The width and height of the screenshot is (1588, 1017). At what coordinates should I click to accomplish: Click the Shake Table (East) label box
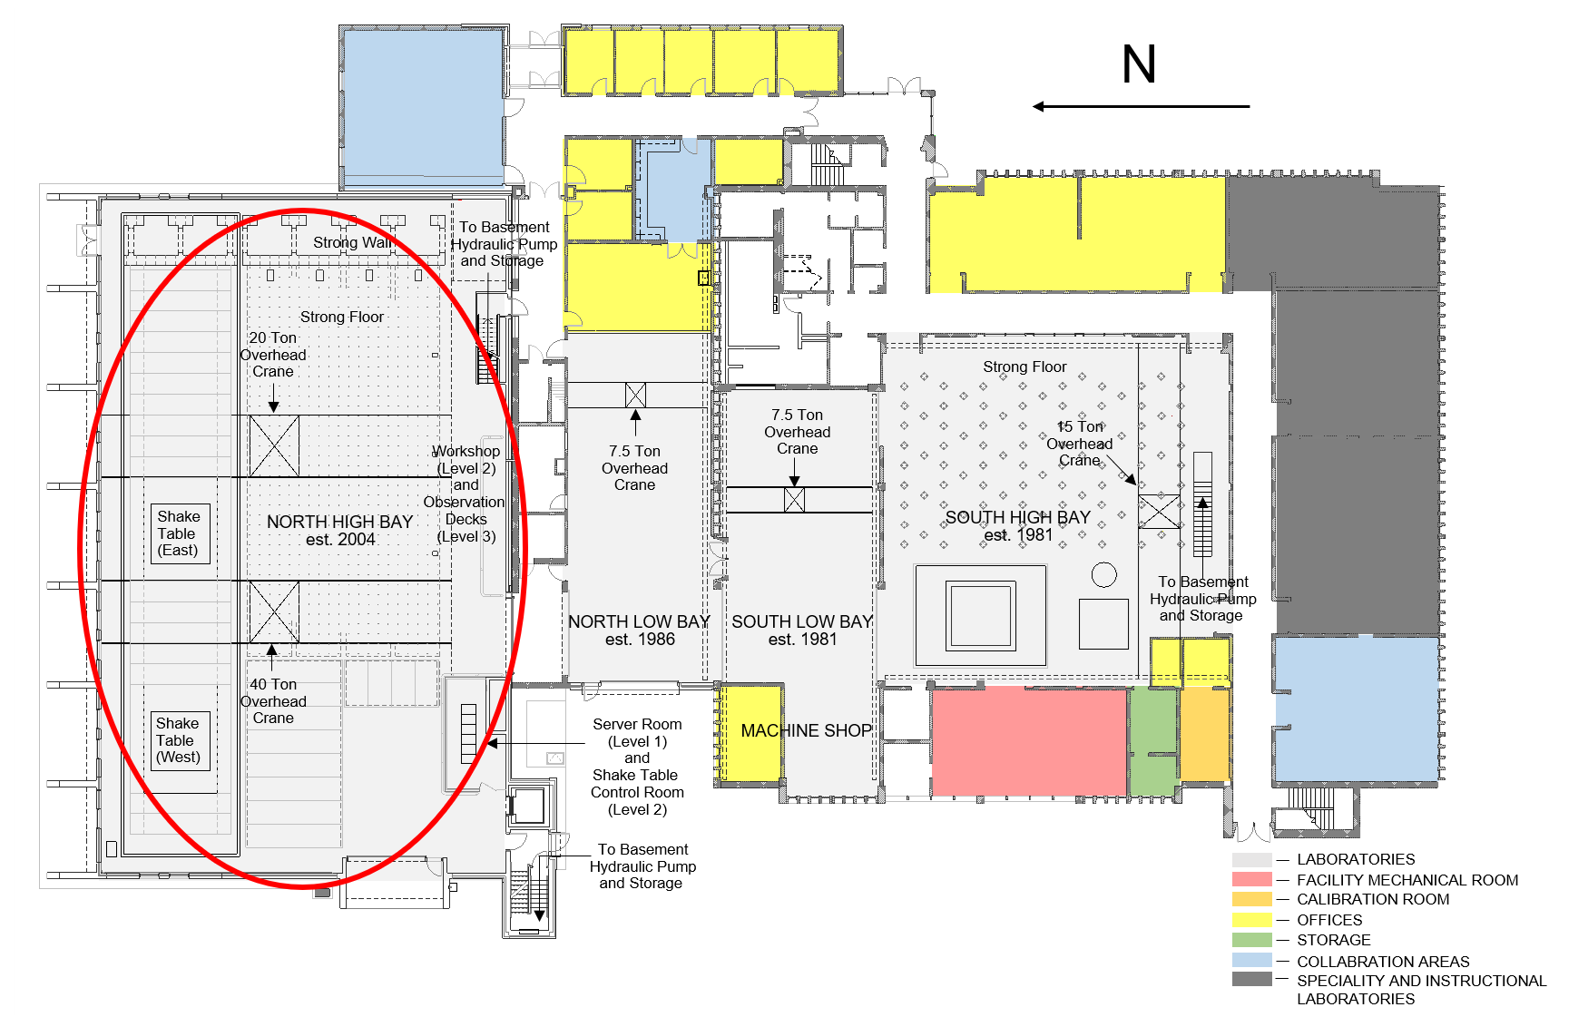pyautogui.click(x=180, y=533)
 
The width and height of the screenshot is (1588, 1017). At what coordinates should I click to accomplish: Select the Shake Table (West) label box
pyautogui.click(x=180, y=740)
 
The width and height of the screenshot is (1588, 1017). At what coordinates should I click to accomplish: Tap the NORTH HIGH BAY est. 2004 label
pyautogui.click(x=340, y=530)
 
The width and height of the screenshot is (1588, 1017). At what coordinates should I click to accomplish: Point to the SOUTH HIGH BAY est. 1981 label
pyautogui.click(x=1018, y=526)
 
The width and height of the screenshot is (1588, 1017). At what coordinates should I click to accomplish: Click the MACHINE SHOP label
pyautogui.click(x=806, y=730)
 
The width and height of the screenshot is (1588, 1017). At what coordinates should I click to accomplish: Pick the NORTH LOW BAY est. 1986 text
pyautogui.click(x=639, y=630)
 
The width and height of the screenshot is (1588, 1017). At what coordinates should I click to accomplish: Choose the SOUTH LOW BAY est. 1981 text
pyautogui.click(x=802, y=630)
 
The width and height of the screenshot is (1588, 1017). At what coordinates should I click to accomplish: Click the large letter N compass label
pyautogui.click(x=1139, y=64)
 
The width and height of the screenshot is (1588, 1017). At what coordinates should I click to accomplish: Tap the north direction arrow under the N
pyautogui.click(x=1141, y=106)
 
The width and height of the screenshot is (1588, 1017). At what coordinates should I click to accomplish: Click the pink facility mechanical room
pyautogui.click(x=1029, y=741)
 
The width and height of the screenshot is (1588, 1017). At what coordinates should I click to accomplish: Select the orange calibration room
pyautogui.click(x=1204, y=733)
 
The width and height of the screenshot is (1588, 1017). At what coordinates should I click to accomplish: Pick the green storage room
pyautogui.click(x=1153, y=741)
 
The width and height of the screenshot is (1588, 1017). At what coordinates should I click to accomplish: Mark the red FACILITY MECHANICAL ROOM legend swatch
pyautogui.click(x=1252, y=879)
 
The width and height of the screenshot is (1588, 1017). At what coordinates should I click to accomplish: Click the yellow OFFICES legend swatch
pyautogui.click(x=1252, y=920)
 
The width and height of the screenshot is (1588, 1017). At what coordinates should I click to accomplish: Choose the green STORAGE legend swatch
pyautogui.click(x=1252, y=940)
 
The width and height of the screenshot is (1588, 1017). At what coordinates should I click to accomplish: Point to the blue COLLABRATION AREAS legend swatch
pyautogui.click(x=1252, y=960)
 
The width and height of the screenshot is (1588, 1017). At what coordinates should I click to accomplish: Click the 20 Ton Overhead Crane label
pyautogui.click(x=273, y=355)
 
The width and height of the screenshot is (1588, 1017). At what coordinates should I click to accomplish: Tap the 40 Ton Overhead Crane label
pyautogui.click(x=273, y=701)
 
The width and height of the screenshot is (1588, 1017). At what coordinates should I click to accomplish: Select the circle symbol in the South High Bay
pyautogui.click(x=1104, y=574)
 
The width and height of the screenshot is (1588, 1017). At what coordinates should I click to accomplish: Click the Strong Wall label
pyautogui.click(x=352, y=242)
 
